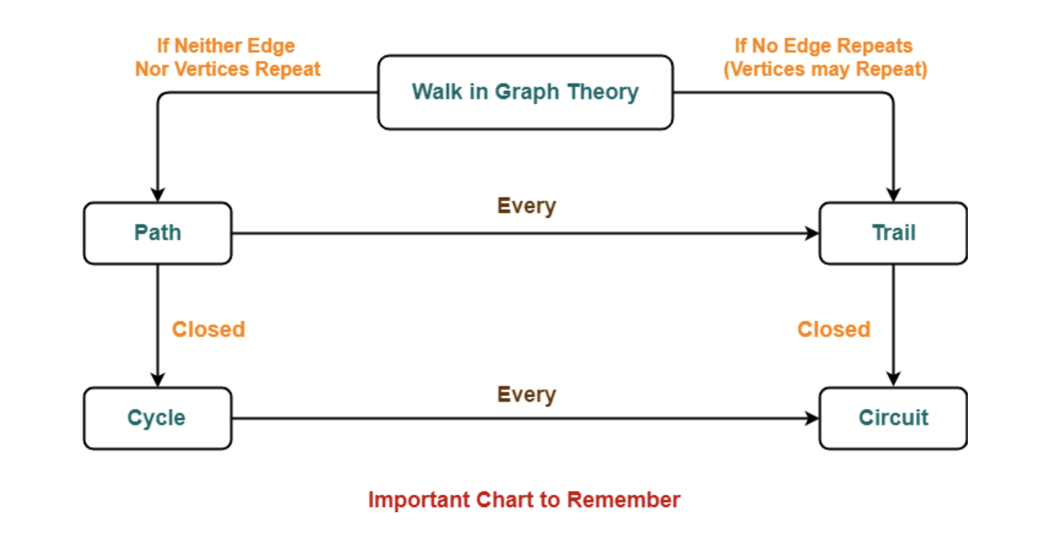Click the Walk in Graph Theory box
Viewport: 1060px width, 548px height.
[x=525, y=92]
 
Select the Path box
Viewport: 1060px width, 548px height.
[x=158, y=233]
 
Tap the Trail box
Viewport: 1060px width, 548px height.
[x=894, y=233]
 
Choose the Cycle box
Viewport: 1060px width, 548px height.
[x=158, y=418]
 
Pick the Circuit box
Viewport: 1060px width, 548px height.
[x=894, y=418]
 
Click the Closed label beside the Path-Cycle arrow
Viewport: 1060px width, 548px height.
[x=208, y=329]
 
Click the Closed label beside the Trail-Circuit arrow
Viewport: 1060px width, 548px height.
[x=834, y=329]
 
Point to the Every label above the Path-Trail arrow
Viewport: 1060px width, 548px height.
[x=527, y=206]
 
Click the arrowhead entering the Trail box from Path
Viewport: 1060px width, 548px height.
[x=812, y=233]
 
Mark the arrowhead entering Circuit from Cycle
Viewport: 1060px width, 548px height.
[x=812, y=418]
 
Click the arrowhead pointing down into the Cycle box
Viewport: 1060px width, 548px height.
[x=158, y=380]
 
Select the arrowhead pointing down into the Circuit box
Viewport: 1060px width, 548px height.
[x=894, y=379]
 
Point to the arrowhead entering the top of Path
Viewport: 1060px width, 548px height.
[x=158, y=195]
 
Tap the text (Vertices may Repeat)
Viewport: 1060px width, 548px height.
[x=826, y=69]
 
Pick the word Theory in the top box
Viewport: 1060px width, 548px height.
[x=603, y=92]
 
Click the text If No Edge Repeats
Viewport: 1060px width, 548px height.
[x=824, y=46]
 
